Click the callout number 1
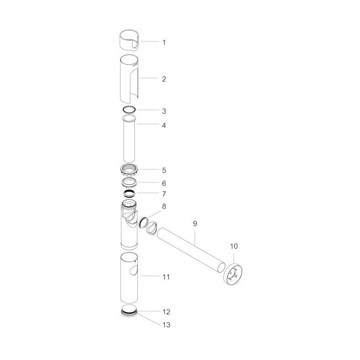coord(164,43)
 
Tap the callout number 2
coord(164,79)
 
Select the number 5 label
coord(164,170)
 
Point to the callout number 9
coord(195,224)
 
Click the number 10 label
coord(234,246)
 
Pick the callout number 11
coord(166,277)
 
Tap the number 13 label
coord(166,325)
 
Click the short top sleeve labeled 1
coord(129,40)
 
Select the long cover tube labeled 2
coord(129,79)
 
